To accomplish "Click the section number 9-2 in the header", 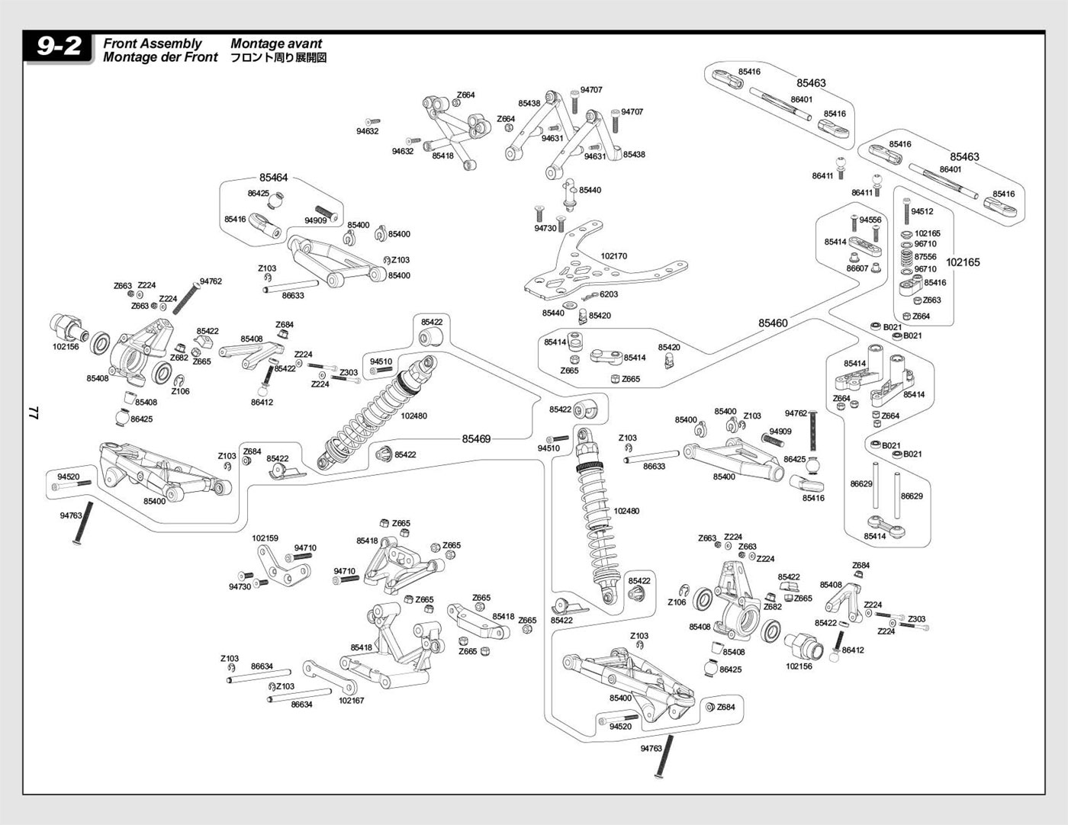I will [60, 47].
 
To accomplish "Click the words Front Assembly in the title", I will [153, 43].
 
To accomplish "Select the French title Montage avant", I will [276, 43].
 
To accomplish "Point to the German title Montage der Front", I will [160, 57].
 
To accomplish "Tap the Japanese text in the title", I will [278, 57].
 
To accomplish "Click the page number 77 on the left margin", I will [33, 412].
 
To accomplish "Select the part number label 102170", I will [613, 257].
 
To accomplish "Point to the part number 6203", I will [608, 294].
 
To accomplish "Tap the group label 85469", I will [476, 439].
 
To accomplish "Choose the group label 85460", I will [773, 323].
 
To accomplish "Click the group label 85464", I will [273, 178].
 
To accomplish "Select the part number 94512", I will [922, 212].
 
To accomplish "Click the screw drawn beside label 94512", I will [906, 210].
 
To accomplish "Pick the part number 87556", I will [925, 257].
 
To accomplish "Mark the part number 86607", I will [857, 268].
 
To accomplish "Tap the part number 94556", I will [870, 220].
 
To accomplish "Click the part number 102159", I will [265, 538].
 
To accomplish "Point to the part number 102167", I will [351, 700].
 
